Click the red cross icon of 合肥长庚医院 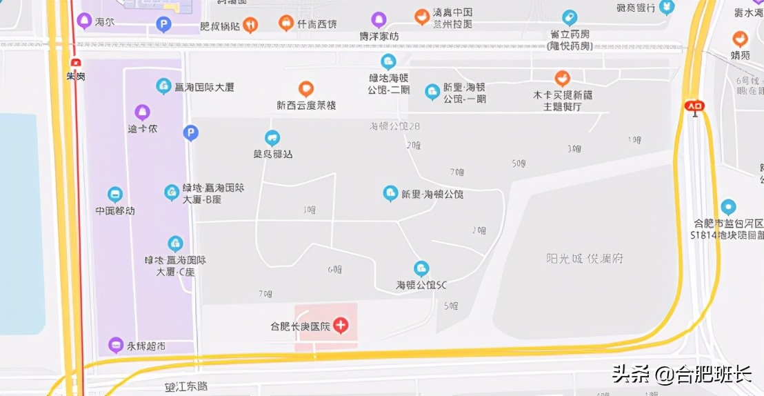pyautogui.click(x=341, y=325)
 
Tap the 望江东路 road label pyautogui.click(x=185, y=386)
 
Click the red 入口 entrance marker pyautogui.click(x=694, y=106)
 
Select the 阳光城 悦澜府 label pyautogui.click(x=585, y=259)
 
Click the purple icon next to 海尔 pyautogui.click(x=84, y=21)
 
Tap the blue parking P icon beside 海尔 pyautogui.click(x=163, y=26)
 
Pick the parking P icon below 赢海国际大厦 pyautogui.click(x=191, y=132)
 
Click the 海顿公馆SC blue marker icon pyautogui.click(x=421, y=268)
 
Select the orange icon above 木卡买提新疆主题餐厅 pyautogui.click(x=562, y=78)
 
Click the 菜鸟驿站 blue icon pyautogui.click(x=272, y=138)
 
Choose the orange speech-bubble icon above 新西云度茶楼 pyautogui.click(x=306, y=89)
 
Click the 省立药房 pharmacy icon pyautogui.click(x=569, y=17)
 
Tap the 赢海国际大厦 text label pyautogui.click(x=205, y=88)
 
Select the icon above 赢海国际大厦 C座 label pyautogui.click(x=175, y=244)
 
